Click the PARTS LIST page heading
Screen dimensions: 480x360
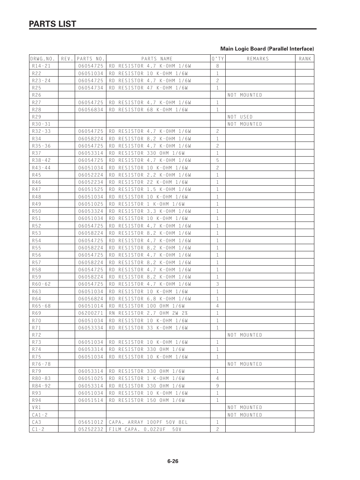tap(53, 24)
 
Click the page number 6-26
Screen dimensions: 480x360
tap(172, 461)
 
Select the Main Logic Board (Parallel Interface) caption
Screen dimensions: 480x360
tap(267, 49)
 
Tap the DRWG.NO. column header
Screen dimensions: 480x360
tap(43, 59)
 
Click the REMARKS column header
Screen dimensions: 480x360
tap(258, 59)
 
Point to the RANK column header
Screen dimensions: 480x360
tap(305, 59)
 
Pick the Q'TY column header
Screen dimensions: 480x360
tap(218, 59)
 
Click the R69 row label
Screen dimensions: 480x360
tap(37, 313)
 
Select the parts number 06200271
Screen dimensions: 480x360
tap(91, 313)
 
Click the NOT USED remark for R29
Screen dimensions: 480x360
tap(240, 117)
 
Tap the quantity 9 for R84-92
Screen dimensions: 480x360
tap(218, 386)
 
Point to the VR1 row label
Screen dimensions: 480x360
tap(36, 408)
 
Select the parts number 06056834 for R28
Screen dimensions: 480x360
tap(91, 110)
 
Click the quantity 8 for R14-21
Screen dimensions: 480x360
tap(218, 66)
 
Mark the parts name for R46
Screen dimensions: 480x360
tap(148, 182)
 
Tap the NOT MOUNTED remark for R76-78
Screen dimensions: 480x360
tap(245, 364)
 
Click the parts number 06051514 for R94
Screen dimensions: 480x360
tap(91, 400)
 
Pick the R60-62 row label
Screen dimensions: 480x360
tap(41, 284)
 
